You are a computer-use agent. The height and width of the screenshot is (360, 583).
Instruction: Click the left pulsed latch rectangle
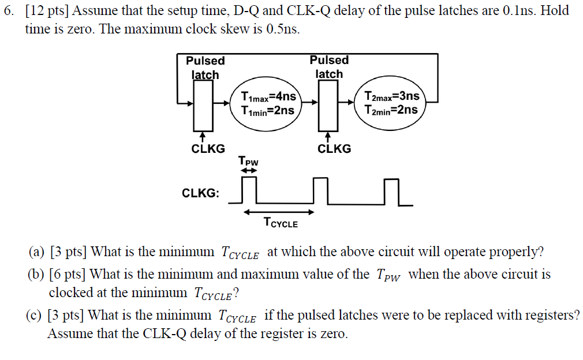click(203, 105)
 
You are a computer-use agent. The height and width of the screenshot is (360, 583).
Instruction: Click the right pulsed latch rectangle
click(328, 105)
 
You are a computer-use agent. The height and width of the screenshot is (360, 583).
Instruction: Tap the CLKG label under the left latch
click(208, 149)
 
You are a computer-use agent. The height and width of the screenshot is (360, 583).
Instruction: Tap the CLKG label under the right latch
click(334, 149)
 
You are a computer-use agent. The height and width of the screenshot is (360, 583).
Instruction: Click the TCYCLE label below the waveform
click(281, 222)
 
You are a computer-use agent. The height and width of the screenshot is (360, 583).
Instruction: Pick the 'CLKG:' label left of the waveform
click(201, 193)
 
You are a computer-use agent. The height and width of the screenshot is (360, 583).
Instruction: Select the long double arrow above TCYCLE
click(278, 212)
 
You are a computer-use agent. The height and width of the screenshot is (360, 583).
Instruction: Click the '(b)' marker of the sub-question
click(38, 275)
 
